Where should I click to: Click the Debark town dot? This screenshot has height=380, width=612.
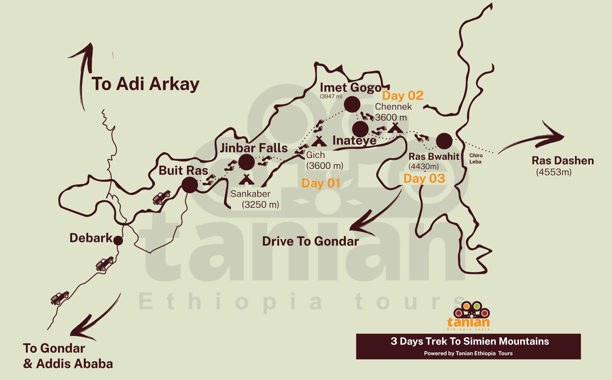pyautogui.click(x=118, y=240)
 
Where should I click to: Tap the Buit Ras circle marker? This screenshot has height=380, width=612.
pyautogui.click(x=190, y=185)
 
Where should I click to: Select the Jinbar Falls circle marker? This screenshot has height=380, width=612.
pyautogui.click(x=246, y=162)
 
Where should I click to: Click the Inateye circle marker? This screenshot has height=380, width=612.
pyautogui.click(x=360, y=129)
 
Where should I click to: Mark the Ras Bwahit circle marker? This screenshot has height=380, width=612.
pyautogui.click(x=444, y=141)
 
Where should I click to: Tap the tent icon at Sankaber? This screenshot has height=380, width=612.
pyautogui.click(x=246, y=179)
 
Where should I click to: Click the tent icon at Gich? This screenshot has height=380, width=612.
pyautogui.click(x=319, y=141)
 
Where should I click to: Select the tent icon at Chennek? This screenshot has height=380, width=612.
pyautogui.click(x=395, y=128)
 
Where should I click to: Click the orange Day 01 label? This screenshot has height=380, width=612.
pyautogui.click(x=321, y=183)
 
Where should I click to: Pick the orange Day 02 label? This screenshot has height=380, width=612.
pyautogui.click(x=403, y=96)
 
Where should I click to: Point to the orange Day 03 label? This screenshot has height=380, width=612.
pyautogui.click(x=424, y=179)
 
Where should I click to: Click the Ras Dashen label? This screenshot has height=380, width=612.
pyautogui.click(x=563, y=161)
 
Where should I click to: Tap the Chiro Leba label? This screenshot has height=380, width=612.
pyautogui.click(x=476, y=159)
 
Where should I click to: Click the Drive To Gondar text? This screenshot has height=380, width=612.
pyautogui.click(x=310, y=242)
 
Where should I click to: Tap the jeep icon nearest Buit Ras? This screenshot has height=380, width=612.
pyautogui.click(x=161, y=197)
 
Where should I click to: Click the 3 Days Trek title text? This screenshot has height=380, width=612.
pyautogui.click(x=470, y=341)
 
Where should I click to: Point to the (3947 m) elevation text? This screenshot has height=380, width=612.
pyautogui.click(x=331, y=96)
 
